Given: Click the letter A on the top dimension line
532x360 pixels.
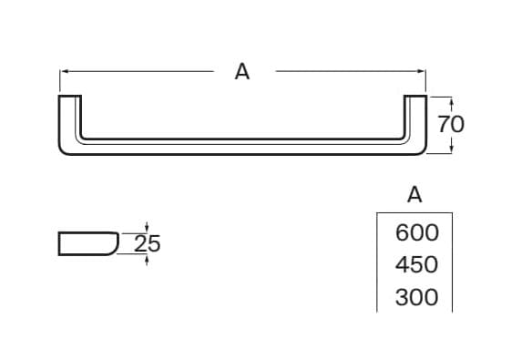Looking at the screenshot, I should click(x=241, y=72).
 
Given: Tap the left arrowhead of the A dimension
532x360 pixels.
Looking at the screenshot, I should click(x=64, y=72).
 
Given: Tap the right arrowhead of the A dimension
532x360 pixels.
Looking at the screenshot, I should click(x=423, y=72).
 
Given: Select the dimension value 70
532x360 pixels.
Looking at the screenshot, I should click(x=450, y=124).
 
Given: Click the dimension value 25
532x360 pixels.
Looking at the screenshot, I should click(x=147, y=243).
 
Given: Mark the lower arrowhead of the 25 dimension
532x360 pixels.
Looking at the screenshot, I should click(x=147, y=258).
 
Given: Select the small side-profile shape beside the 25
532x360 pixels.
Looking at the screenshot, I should click(x=87, y=243).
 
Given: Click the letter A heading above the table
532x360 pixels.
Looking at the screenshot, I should click(x=414, y=194).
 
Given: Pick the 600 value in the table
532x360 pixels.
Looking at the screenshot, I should click(x=417, y=232).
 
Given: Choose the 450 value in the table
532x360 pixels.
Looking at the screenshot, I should click(x=417, y=265).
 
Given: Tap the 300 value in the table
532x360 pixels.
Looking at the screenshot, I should click(x=417, y=297).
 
